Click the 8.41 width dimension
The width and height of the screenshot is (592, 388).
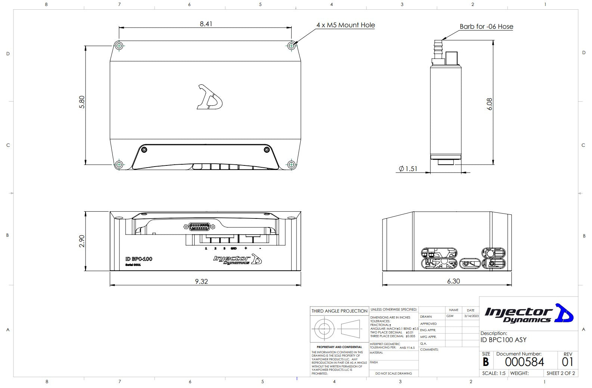pos(206,24)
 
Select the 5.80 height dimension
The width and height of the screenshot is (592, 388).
pos(82,102)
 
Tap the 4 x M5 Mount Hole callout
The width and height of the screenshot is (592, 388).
pos(345,25)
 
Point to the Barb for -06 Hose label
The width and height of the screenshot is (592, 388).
pos(486,27)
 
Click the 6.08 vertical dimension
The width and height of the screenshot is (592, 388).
pos(490,104)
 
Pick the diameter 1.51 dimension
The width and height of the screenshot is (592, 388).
pos(408,169)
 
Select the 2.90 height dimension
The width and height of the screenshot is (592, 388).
pos(82,241)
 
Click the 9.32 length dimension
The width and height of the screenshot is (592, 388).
pos(201,282)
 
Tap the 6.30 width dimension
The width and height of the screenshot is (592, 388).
pos(453,281)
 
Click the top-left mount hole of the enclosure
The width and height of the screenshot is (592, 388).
pos(119,46)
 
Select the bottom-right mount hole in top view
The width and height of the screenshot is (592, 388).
pos(291,164)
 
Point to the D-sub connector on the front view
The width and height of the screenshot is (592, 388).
pos(199,227)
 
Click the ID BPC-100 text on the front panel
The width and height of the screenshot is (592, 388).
pos(139,259)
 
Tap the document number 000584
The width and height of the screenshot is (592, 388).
pos(524,362)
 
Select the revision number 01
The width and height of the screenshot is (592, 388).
pos(567,362)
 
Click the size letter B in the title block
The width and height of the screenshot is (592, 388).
pos(486,362)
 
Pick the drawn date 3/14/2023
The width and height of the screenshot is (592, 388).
pos(471,316)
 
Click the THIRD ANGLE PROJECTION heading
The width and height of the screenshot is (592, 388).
pos(340,311)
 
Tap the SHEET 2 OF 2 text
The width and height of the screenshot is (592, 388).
pos(561,373)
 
